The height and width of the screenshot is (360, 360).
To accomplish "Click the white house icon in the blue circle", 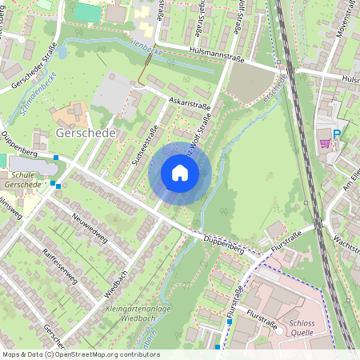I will [x=180, y=173].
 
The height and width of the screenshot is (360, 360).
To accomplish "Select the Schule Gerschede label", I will [x=23, y=179].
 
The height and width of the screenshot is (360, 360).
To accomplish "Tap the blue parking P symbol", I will [x=337, y=135].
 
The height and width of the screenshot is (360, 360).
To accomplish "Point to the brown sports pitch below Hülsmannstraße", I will [x=250, y=82].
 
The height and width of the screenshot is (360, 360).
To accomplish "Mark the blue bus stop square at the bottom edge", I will [x=218, y=347].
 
